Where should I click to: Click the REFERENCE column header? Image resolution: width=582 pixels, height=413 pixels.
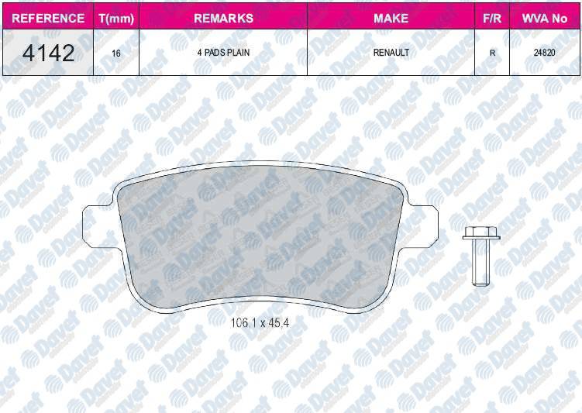48,18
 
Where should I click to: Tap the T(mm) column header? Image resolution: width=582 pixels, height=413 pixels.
116,19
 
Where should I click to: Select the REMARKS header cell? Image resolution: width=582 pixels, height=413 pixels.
223,18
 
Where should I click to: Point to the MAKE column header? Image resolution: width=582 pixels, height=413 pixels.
391,18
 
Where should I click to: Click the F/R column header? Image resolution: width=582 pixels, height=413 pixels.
492,18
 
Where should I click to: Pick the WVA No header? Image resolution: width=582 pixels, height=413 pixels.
545,18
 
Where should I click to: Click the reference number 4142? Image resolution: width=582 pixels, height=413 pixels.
48,53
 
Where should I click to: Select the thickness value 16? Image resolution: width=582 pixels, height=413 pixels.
116,53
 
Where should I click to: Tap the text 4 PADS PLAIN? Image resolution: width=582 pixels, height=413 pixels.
223,53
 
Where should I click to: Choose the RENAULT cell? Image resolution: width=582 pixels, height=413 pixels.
391,53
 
